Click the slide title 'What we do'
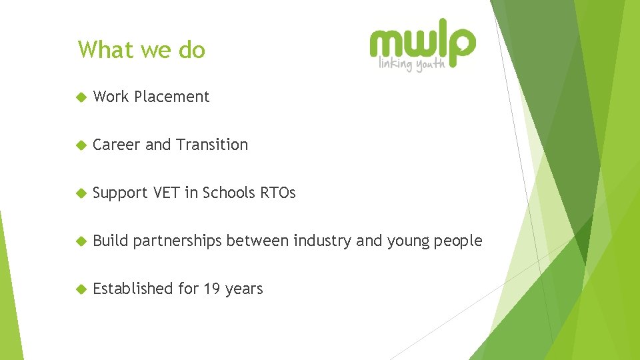coord(141,50)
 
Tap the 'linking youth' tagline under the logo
coord(412,65)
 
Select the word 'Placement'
coord(171,97)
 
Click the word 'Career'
coord(117,145)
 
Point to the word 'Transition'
coord(211,145)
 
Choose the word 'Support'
coord(121,193)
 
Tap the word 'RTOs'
coord(277,193)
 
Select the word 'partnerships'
coord(177,241)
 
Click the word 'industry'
coord(323,241)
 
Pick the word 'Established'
coord(133,289)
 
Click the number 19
coord(212,289)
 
